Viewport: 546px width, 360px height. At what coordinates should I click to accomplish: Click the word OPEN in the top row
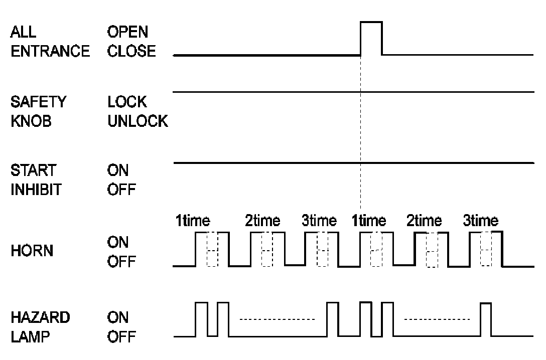tap(128, 32)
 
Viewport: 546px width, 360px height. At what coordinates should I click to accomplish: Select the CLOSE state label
tap(131, 51)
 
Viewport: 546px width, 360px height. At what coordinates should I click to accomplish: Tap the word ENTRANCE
tap(50, 51)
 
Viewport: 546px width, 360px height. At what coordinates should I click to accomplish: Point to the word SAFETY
tap(38, 102)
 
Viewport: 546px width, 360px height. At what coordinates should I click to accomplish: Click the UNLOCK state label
tap(138, 121)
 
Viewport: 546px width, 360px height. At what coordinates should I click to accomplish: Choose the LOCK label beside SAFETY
tap(127, 102)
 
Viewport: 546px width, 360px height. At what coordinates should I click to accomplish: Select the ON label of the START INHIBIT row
tap(118, 171)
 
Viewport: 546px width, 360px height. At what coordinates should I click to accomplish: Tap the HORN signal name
tap(31, 252)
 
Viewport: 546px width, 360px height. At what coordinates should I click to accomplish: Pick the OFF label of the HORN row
tap(121, 262)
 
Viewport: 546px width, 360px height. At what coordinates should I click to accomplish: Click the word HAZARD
tap(41, 317)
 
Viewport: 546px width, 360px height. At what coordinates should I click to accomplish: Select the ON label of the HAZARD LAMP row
tap(118, 317)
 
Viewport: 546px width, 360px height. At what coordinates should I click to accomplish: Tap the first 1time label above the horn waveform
tap(193, 221)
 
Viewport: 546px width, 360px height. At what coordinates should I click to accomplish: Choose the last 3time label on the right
tap(480, 221)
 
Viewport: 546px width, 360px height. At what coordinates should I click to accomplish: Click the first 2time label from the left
tap(262, 221)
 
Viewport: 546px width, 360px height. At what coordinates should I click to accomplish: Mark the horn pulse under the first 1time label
tap(212, 249)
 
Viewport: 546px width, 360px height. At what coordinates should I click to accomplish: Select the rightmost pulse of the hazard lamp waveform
tap(485, 319)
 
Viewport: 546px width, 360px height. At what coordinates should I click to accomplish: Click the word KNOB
tap(31, 121)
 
